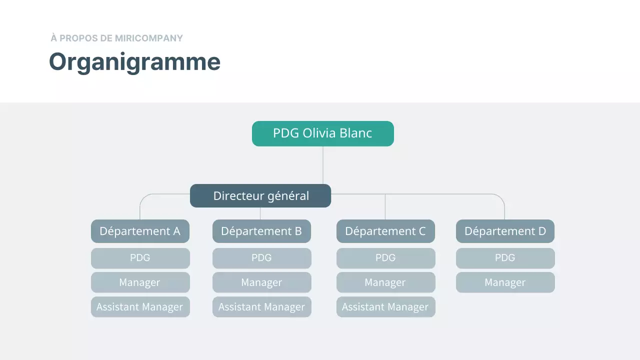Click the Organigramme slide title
134,62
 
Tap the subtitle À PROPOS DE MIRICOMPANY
116,38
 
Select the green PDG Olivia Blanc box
322,133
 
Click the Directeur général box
260,195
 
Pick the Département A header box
140,231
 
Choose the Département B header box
261,231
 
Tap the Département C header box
385,231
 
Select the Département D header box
505,231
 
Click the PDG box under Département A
140,258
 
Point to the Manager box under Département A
140,282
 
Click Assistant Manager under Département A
140,307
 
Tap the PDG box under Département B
261,258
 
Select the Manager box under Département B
261,282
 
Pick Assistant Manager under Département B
261,307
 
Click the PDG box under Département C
385,258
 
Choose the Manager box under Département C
385,282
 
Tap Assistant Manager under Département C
385,307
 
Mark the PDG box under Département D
505,258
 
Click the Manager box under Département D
505,282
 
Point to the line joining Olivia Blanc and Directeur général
323,165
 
